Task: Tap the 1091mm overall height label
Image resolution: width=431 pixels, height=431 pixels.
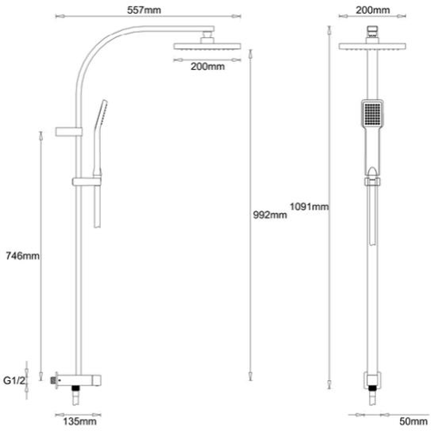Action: (x=309, y=206)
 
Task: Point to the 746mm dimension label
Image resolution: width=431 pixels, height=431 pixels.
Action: (x=21, y=256)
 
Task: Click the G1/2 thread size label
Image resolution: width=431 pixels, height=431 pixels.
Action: (x=15, y=379)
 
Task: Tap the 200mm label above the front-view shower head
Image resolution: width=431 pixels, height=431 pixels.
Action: (x=372, y=10)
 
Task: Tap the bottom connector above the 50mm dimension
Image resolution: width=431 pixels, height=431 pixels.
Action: (x=372, y=381)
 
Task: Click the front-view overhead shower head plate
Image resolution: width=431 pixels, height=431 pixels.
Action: (x=372, y=47)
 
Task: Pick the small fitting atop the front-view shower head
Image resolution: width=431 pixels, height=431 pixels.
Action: (x=372, y=34)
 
